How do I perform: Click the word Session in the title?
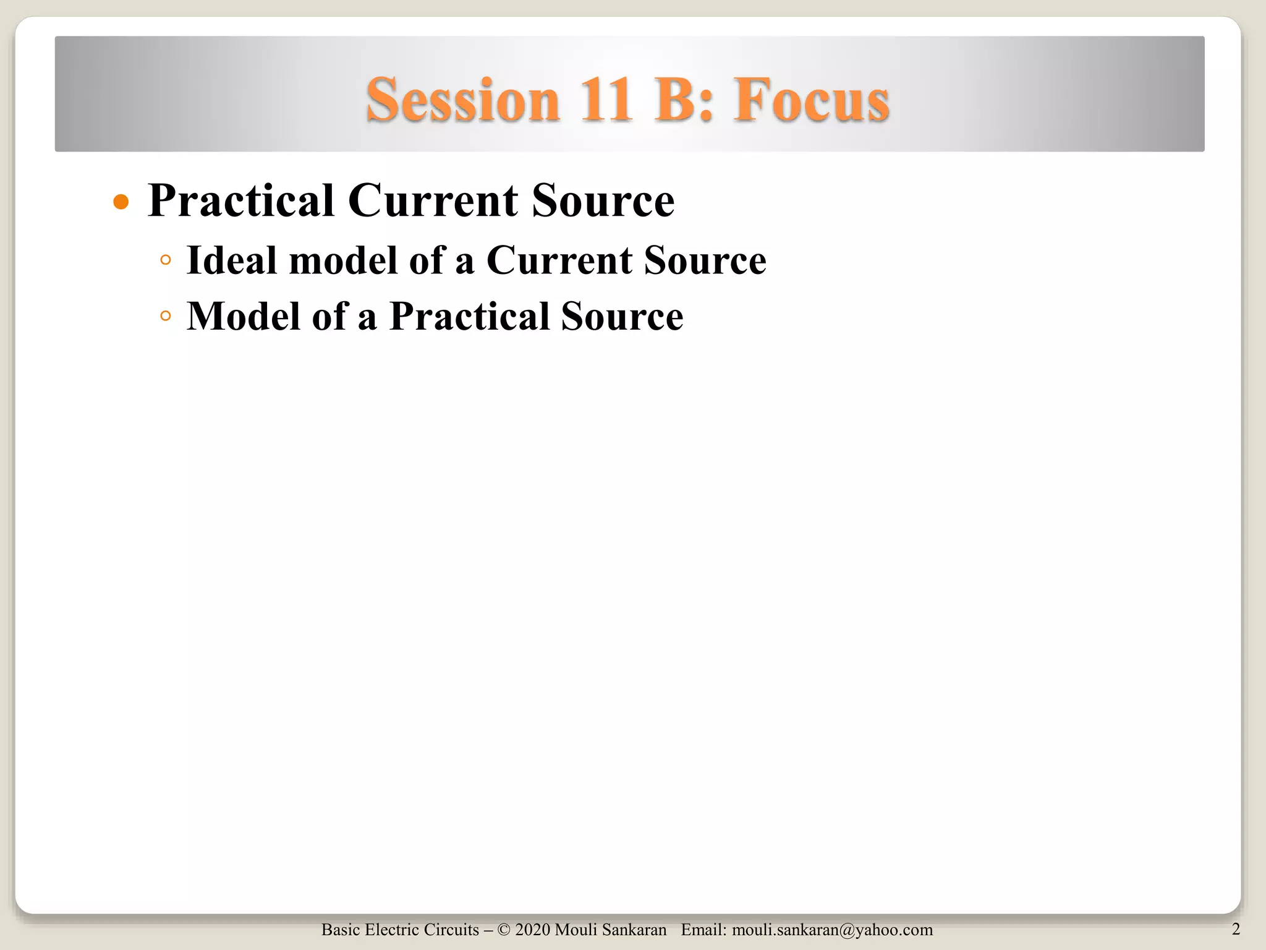coord(462,100)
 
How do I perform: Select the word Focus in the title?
coord(812,100)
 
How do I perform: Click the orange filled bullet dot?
coord(121,202)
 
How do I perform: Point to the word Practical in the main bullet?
coord(241,201)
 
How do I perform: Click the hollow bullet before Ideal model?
coord(164,260)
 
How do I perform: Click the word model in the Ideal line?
coord(343,260)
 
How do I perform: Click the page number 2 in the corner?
coord(1236,929)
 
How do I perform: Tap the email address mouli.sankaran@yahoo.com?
coord(832,930)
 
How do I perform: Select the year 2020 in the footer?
coord(532,930)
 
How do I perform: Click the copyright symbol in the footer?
coord(503,930)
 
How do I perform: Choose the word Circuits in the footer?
coord(451,930)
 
